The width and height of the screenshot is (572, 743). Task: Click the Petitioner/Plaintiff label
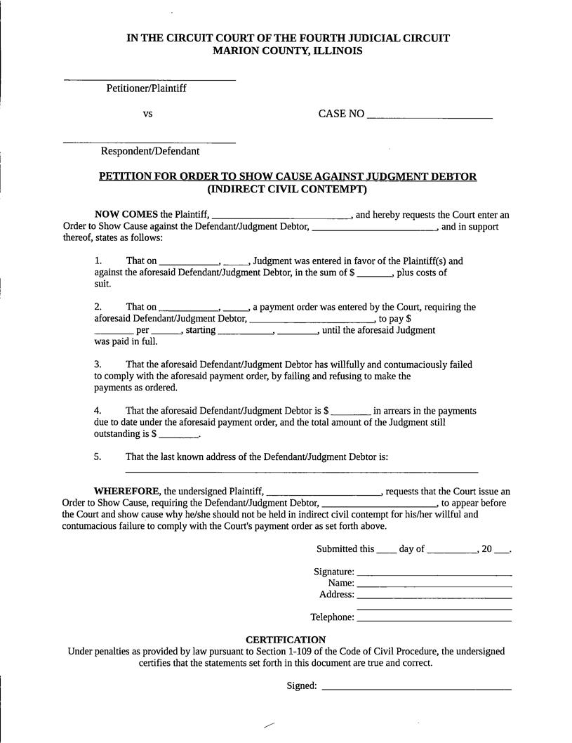click(146, 88)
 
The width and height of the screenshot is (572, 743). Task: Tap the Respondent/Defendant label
click(149, 151)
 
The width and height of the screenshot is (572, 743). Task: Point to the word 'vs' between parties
click(148, 113)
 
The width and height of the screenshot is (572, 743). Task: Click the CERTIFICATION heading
click(286, 640)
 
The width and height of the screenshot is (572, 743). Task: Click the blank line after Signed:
click(416, 689)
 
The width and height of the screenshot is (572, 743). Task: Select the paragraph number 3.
click(98, 364)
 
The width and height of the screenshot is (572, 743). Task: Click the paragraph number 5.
click(98, 456)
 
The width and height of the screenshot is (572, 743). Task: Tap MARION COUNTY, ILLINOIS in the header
click(288, 51)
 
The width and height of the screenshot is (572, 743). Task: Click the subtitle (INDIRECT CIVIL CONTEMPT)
click(287, 189)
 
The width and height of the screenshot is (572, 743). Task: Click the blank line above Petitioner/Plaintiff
click(149, 79)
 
